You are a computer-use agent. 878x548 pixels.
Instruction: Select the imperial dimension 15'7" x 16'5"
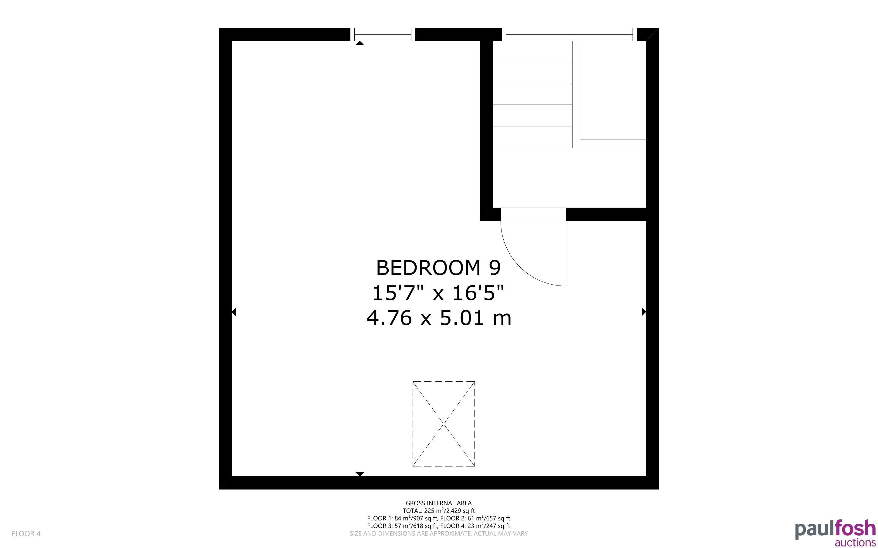coord(438,292)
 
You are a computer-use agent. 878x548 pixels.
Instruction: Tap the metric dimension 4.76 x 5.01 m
coord(439,318)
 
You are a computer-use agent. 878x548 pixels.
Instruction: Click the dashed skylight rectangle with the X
coord(444,424)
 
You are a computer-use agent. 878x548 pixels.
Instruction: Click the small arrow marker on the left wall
coord(234,312)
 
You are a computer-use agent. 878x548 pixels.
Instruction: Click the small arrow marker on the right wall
coord(644,312)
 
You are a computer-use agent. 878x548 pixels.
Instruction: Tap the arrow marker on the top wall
coord(360,43)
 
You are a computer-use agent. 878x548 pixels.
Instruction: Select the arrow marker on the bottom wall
coord(360,474)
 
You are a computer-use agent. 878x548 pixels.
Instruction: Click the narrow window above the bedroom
coord(383,35)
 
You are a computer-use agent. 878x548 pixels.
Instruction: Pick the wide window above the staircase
coord(569,35)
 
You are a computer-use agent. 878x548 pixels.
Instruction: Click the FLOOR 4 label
coord(26,533)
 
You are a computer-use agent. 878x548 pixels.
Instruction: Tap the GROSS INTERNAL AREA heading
coord(438,503)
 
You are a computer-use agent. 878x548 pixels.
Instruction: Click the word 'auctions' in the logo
coord(855,542)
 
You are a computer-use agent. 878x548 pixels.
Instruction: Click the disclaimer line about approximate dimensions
coord(438,533)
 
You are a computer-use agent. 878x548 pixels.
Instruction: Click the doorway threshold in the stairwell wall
coord(533,214)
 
